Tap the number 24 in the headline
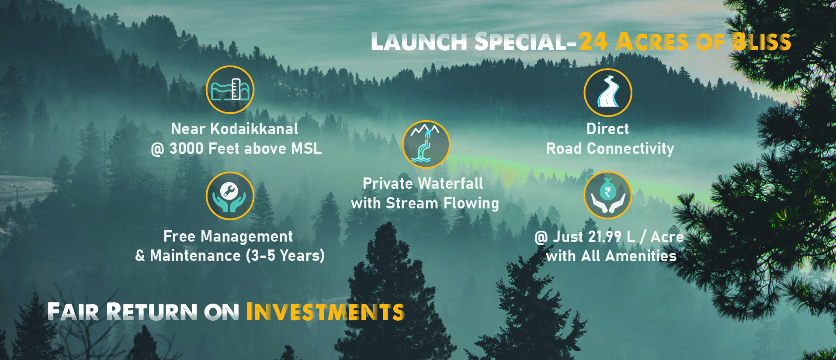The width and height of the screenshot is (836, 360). point(593,42)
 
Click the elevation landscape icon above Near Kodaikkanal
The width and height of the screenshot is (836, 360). point(230,90)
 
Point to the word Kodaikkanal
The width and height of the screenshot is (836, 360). point(254,129)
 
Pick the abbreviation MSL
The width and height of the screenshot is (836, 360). point(306,149)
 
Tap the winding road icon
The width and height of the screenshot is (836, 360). point(608,93)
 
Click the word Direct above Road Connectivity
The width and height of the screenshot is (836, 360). point(607,129)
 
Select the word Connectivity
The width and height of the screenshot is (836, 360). point(631,149)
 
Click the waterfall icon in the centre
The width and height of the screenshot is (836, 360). point(426,144)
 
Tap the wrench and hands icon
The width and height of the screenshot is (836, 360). point(230,196)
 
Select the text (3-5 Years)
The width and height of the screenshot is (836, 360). point(285,256)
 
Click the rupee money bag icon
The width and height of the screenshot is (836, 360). point(608,195)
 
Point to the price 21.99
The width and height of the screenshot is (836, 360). point(605,236)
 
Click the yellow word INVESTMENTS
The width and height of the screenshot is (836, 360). point(325,312)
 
